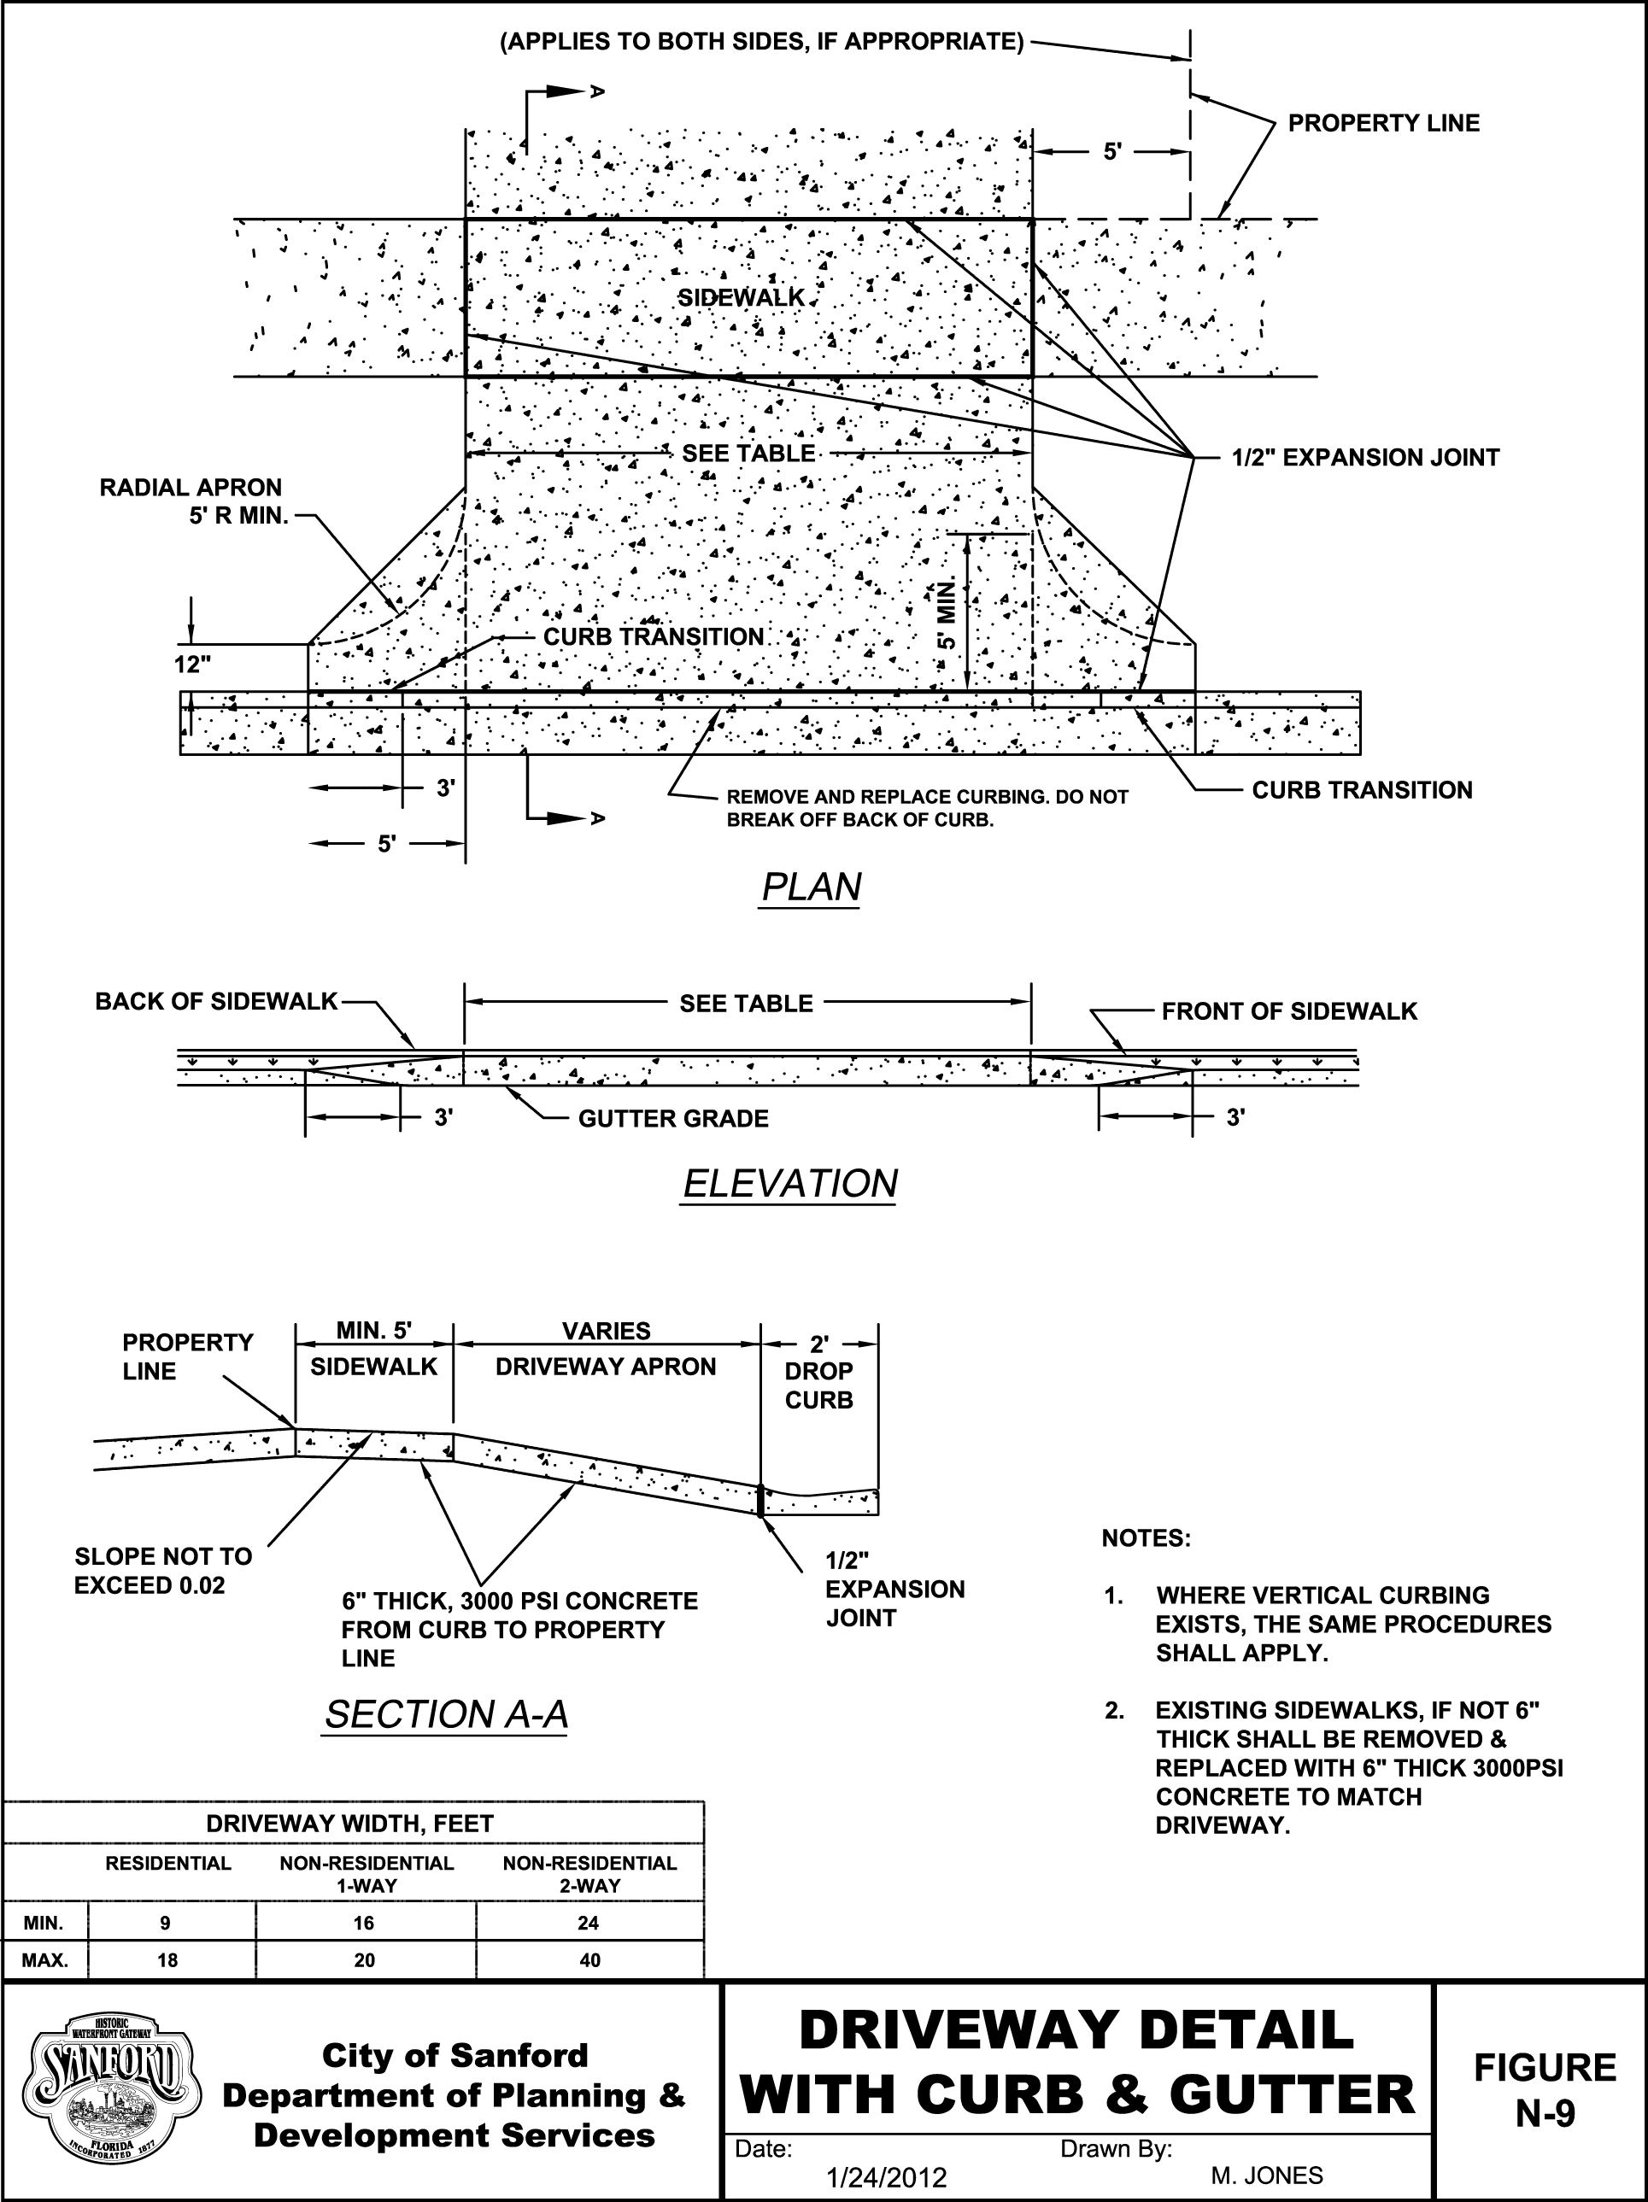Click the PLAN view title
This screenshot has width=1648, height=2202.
click(811, 886)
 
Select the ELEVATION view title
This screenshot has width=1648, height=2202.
click(789, 1184)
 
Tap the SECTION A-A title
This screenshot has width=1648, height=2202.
click(445, 1714)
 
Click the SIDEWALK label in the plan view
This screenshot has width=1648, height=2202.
click(741, 297)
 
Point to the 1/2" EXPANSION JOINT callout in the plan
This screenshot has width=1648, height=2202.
click(1365, 458)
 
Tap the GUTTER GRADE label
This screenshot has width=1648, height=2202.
click(673, 1119)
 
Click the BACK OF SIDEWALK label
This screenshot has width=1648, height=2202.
click(216, 1001)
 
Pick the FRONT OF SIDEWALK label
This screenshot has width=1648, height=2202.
click(1288, 1011)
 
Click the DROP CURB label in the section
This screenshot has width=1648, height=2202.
click(818, 1385)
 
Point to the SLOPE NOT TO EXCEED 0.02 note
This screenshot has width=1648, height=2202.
click(163, 1570)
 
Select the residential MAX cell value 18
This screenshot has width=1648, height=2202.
click(167, 1960)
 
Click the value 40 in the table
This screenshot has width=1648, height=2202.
click(589, 1960)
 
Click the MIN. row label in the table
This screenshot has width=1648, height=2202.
click(44, 1923)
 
